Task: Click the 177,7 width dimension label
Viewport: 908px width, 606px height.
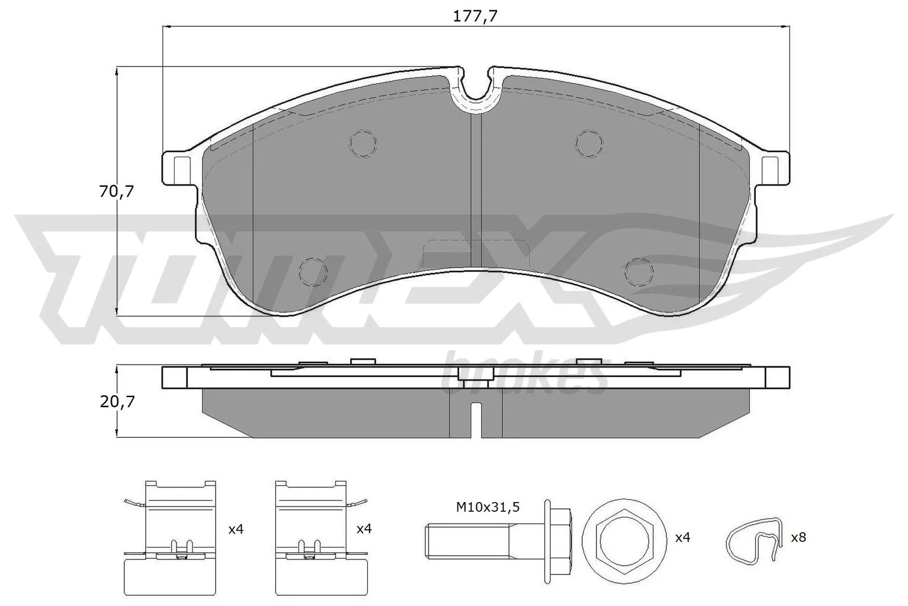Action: point(475,17)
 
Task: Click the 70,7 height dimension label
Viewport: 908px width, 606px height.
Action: point(116,192)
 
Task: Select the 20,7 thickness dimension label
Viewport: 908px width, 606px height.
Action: point(117,402)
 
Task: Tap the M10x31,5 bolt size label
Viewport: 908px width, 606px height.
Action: point(488,507)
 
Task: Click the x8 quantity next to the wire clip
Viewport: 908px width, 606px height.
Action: point(798,537)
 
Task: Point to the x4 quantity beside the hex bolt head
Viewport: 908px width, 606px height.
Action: point(683,537)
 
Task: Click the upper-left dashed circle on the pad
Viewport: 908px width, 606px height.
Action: point(363,143)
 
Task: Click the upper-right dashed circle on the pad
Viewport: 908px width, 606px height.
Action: point(589,143)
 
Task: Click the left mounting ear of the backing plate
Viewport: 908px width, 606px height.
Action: point(180,168)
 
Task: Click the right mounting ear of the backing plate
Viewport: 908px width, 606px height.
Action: point(772,168)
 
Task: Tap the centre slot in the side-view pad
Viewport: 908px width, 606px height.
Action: point(477,419)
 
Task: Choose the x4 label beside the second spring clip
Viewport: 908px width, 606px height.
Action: point(364,529)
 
